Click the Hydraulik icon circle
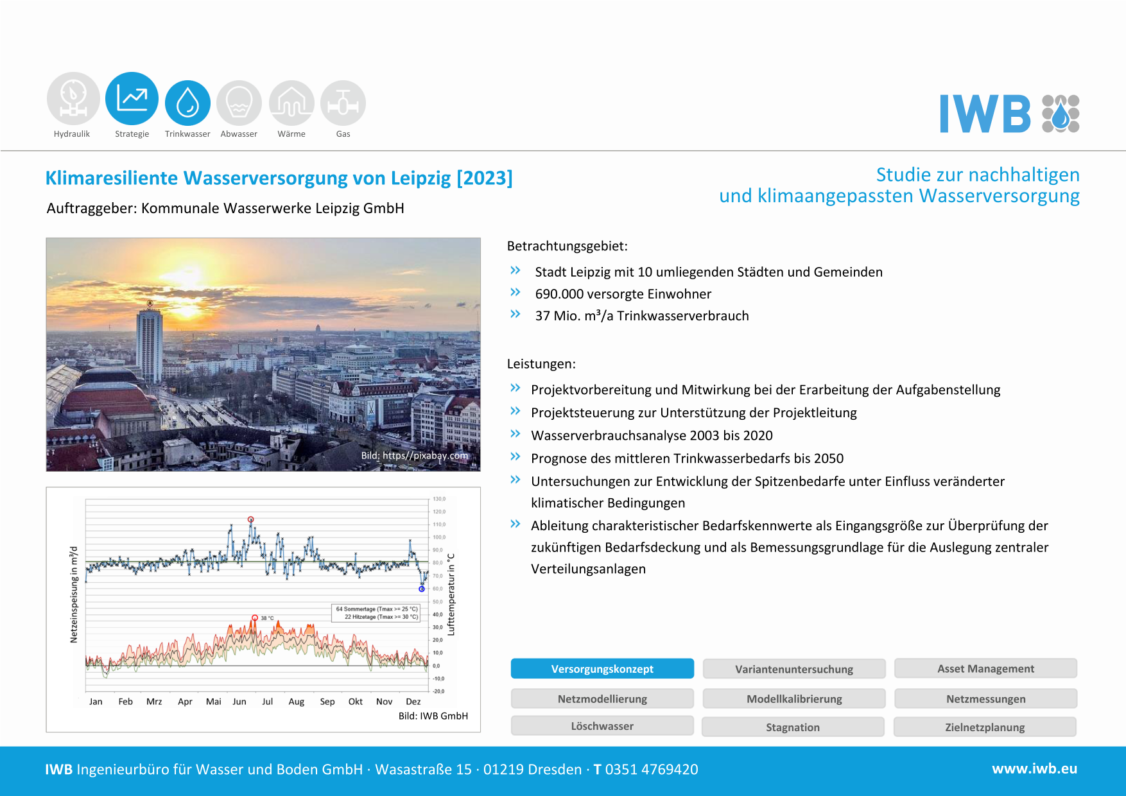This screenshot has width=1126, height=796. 73,99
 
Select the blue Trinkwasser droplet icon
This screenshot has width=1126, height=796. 187,103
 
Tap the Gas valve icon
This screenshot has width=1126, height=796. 343,103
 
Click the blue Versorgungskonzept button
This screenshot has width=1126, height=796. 602,669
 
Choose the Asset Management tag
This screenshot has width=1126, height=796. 985,669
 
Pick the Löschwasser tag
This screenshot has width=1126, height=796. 602,726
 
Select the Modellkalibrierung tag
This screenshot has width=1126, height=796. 794,698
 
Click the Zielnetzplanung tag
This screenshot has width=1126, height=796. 985,727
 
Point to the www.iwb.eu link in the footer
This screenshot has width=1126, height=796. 1034,769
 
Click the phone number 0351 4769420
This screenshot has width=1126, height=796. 652,770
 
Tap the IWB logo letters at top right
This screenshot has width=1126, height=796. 985,114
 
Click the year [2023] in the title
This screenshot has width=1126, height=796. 485,178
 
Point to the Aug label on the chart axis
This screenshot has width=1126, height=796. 296,702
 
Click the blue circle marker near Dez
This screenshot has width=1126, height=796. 422,589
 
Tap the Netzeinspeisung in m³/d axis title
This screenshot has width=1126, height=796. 74,594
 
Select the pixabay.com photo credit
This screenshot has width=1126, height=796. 415,456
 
